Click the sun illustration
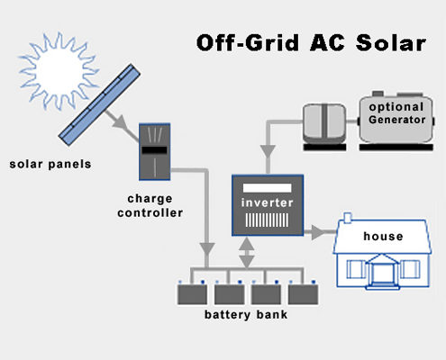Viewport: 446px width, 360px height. (x=59, y=71)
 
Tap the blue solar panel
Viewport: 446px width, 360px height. (x=99, y=104)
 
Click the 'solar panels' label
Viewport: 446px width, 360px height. (x=50, y=165)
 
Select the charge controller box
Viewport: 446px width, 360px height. (x=155, y=152)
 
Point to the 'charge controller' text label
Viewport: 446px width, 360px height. (x=150, y=206)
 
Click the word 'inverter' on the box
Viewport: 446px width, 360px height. (x=268, y=202)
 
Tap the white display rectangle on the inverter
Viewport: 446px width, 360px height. (x=267, y=188)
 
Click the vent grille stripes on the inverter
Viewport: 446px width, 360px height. (x=267, y=220)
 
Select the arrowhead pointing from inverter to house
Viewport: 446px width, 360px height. (x=318, y=232)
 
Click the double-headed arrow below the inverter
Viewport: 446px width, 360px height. (x=247, y=252)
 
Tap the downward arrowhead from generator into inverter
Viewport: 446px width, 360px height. (x=268, y=151)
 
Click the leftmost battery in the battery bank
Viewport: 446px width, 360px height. (x=192, y=294)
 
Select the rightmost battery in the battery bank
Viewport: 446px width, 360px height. (x=303, y=294)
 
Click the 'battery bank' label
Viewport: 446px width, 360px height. (x=246, y=315)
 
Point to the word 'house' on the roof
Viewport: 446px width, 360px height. (x=383, y=237)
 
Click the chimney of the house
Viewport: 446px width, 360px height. (x=348, y=218)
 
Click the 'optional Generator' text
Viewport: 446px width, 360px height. (x=397, y=113)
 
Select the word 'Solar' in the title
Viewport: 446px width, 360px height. (x=391, y=43)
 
